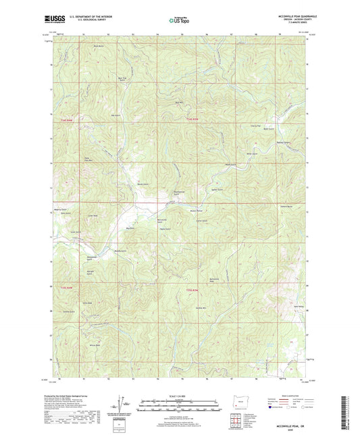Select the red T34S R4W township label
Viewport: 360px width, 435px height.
[x=66, y=120]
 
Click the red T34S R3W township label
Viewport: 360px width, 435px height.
[x=192, y=120]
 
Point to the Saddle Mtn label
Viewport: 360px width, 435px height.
[x=200, y=307]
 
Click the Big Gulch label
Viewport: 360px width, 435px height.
[x=130, y=228]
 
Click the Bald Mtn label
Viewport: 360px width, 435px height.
[x=180, y=102]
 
